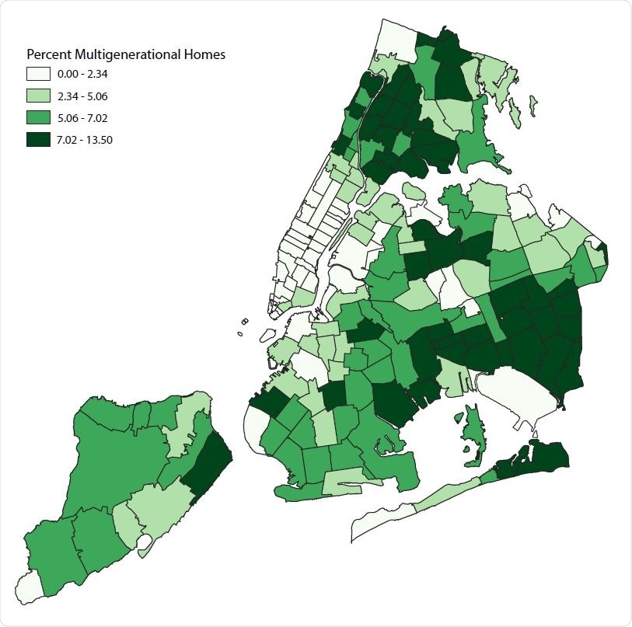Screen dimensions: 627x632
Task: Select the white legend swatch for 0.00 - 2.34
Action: click(38, 75)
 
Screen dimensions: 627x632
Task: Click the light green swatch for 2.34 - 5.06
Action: click(38, 96)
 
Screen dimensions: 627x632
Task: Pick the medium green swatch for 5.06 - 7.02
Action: click(38, 118)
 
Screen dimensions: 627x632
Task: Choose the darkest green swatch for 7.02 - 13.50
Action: click(38, 140)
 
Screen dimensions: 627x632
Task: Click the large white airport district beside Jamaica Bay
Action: click(517, 388)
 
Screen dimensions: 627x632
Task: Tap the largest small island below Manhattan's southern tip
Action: click(266, 336)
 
